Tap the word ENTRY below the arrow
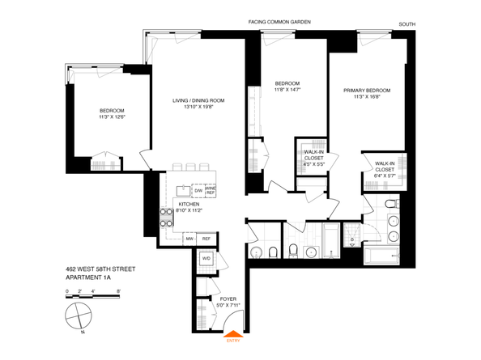point(232,341)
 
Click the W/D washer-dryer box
point(206,260)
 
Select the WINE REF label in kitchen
point(210,192)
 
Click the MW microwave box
point(189,239)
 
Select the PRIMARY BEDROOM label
point(367,91)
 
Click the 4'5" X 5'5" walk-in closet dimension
point(314,164)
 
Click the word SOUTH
point(407,24)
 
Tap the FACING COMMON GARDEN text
point(280,22)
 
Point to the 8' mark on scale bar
point(118,290)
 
